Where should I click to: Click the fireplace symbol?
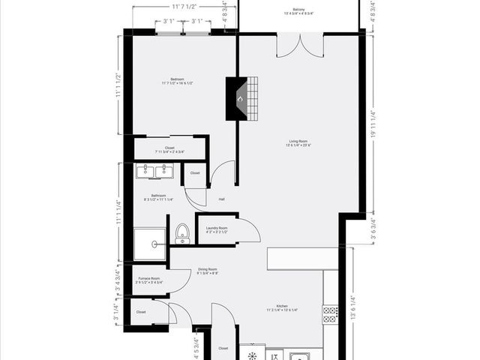click(239, 98)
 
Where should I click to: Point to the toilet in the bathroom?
click(182, 234)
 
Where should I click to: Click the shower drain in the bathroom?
click(153, 243)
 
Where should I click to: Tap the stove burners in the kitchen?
click(330, 313)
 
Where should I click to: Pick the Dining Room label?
click(208, 271)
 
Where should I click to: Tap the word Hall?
click(222, 199)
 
